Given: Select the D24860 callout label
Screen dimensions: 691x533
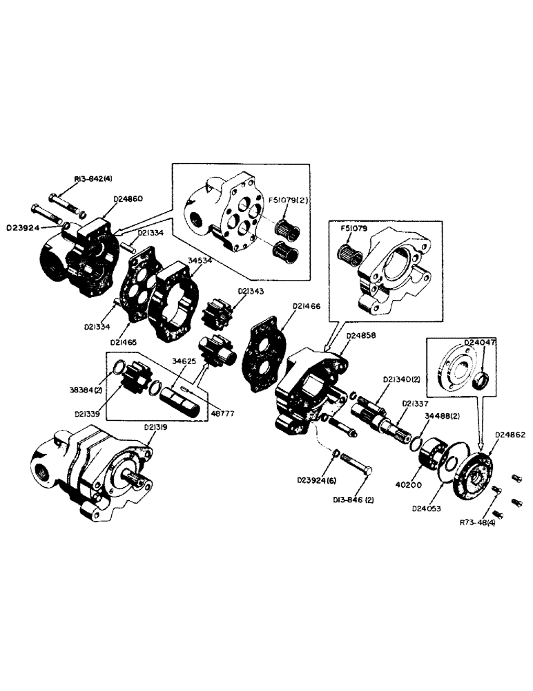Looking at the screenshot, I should click(127, 199).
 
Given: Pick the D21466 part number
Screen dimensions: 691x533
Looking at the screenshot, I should click(307, 305).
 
